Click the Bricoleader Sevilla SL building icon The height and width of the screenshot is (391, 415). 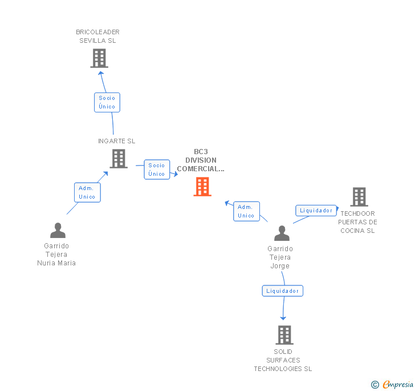[99, 58]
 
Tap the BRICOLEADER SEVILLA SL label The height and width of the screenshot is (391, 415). [98, 37]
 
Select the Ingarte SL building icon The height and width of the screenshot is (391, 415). [119, 159]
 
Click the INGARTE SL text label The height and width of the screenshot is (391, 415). [117, 141]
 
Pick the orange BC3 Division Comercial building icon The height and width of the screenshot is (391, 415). [202, 187]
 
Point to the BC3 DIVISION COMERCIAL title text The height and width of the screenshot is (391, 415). [201, 160]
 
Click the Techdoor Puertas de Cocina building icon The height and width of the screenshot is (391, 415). [359, 197]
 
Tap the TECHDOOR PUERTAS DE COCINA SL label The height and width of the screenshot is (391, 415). [357, 222]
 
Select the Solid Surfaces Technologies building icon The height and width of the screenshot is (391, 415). [284, 334]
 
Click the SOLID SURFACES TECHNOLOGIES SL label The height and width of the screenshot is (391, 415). [283, 360]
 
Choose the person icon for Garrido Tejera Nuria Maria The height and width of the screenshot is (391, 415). [58, 230]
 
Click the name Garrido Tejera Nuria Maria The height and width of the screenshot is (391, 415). [56, 255]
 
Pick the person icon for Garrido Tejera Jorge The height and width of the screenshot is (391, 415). [282, 233]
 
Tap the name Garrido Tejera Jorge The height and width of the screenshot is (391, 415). [280, 257]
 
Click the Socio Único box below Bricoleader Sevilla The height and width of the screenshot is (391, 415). [107, 102]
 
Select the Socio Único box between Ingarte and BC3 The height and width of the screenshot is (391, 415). [157, 170]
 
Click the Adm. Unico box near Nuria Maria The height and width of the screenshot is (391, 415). [87, 192]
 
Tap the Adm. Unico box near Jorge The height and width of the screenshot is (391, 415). [246, 211]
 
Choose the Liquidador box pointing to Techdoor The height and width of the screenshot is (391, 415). [316, 211]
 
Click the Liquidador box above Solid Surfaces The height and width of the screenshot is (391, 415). [283, 291]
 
